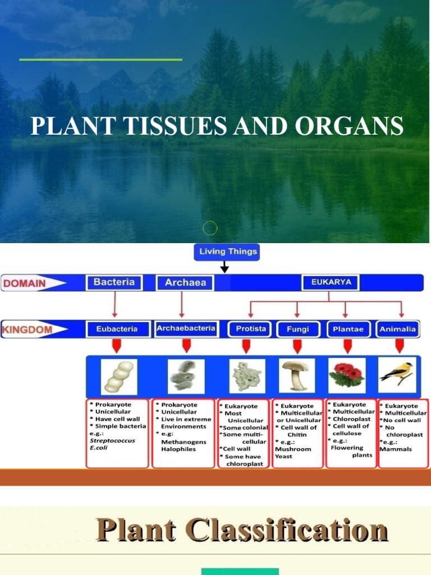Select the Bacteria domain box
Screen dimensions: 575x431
[114, 282]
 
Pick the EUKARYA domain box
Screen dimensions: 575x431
[331, 282]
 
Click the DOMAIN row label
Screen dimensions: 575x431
[25, 283]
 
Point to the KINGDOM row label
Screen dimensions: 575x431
[28, 329]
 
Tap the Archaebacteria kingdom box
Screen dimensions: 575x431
[186, 328]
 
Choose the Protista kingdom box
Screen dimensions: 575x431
[250, 329]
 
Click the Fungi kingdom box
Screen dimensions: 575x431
[297, 329]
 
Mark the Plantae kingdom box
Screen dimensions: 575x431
[346, 329]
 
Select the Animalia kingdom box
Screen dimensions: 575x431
[397, 329]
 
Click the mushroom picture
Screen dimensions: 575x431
[296, 375]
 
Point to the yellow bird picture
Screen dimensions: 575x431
[397, 373]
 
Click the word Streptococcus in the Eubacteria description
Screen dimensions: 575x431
[112, 441]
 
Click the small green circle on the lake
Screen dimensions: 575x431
[210, 228]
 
